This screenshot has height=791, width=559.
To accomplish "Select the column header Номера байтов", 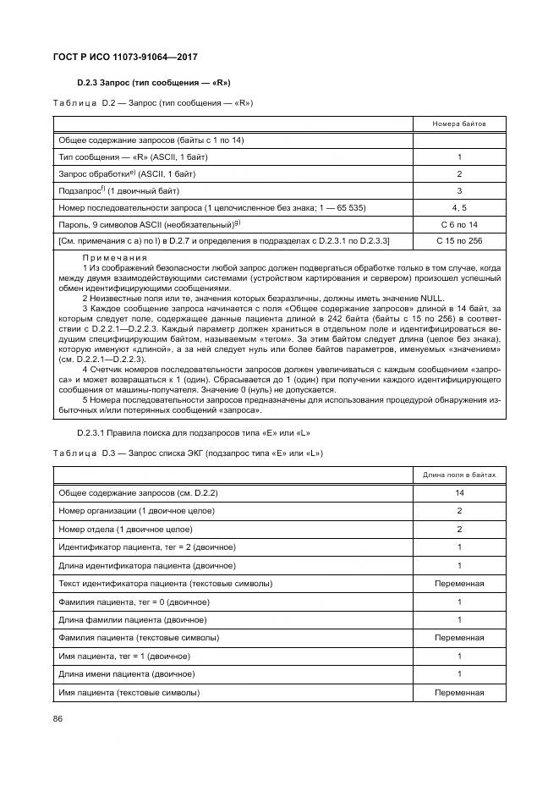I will click(459, 124).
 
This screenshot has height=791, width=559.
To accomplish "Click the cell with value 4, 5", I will click(459, 208).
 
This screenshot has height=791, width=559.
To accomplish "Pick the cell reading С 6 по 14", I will click(459, 225).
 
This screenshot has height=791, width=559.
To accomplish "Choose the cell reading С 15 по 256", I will click(459, 242).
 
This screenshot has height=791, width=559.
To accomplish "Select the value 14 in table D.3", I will click(459, 492).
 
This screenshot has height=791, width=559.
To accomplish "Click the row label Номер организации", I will click(136, 511).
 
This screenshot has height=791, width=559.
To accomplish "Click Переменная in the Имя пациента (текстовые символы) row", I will click(459, 693).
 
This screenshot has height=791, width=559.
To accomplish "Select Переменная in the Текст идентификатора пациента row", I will click(459, 584).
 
